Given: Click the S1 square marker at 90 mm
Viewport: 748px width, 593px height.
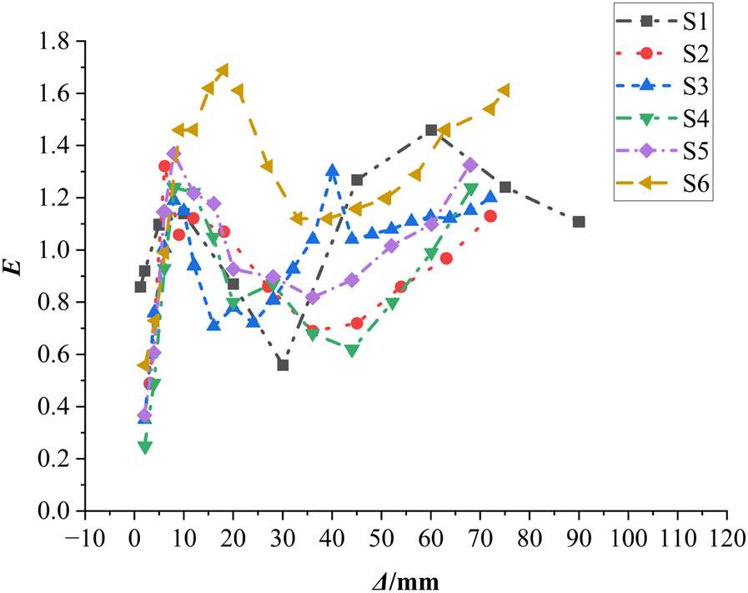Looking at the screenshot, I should point(579,222).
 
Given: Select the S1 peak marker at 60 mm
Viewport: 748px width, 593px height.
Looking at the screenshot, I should point(431,130).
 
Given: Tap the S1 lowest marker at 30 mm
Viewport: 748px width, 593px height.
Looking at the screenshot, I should point(283,365).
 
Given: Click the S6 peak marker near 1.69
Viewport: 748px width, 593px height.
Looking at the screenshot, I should point(223,70).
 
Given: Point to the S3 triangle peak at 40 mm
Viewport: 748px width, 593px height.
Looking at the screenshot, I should point(333,171).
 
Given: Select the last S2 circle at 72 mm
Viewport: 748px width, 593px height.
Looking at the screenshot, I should point(490,216).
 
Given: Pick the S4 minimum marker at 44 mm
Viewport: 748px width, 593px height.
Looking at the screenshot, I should point(352,350).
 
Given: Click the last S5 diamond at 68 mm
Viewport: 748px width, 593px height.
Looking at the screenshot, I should point(470,164).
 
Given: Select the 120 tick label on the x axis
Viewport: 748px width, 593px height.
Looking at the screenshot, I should point(726,535).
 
